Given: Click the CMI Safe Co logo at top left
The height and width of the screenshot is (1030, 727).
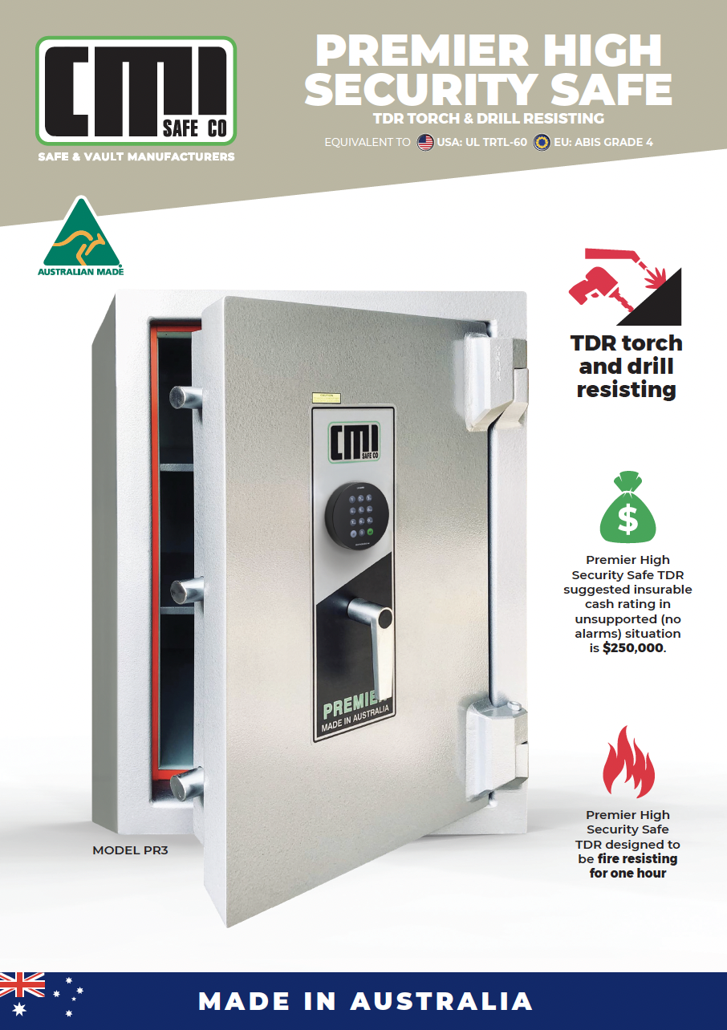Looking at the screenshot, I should click(136, 90).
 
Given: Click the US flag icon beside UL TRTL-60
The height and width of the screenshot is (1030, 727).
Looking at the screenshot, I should click(425, 143).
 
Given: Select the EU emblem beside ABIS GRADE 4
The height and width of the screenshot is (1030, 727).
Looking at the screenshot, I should click(542, 143).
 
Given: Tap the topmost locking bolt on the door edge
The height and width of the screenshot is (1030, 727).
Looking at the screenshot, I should click(187, 398).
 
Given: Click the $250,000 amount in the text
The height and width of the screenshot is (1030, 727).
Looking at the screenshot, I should click(633, 648).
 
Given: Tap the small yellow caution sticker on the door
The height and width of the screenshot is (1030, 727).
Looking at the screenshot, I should click(327, 397).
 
